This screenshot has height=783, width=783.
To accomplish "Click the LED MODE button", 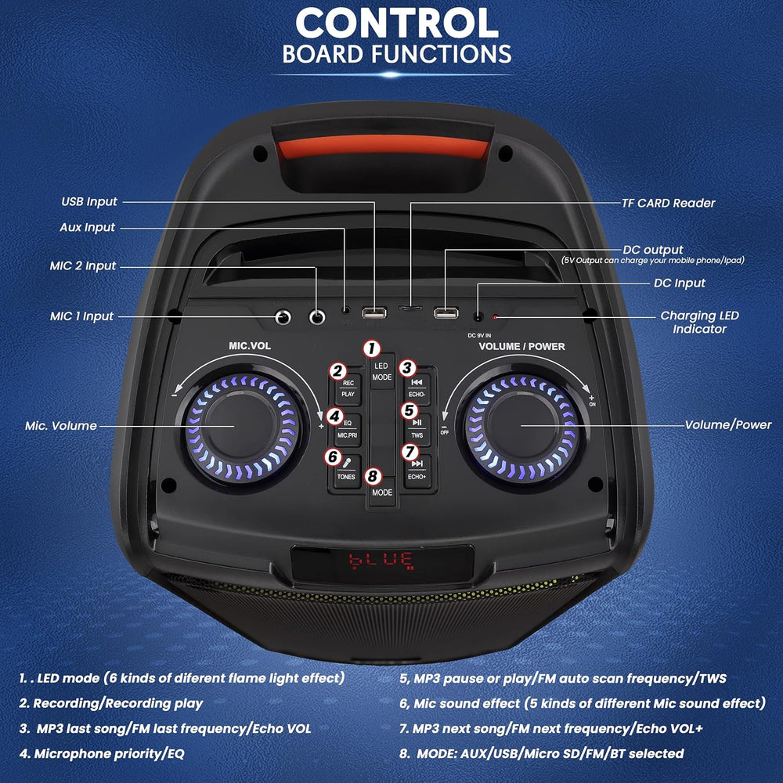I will pyautogui.click(x=382, y=372).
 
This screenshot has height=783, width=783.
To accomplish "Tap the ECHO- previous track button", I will pyautogui.click(x=417, y=388).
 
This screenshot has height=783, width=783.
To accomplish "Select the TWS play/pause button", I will pyautogui.click(x=417, y=429).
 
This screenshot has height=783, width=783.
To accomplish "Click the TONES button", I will pyautogui.click(x=346, y=473).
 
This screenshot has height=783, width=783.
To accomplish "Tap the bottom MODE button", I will pyautogui.click(x=382, y=493).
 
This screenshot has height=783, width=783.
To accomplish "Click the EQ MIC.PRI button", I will pyautogui.click(x=347, y=429).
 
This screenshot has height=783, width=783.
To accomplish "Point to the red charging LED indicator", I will pyautogui.click(x=495, y=318).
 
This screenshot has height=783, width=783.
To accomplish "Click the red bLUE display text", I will pyautogui.click(x=381, y=560).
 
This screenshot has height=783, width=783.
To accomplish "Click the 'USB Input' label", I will pyautogui.click(x=88, y=201).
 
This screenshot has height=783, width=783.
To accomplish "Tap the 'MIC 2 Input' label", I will pyautogui.click(x=83, y=265).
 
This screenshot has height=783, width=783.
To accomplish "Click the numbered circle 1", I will pyautogui.click(x=373, y=348).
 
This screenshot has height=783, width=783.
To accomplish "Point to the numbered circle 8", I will pyautogui.click(x=373, y=475).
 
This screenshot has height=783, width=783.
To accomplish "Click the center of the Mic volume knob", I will pyautogui.click(x=237, y=425).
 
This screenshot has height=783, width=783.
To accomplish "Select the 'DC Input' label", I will pyautogui.click(x=679, y=283).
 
